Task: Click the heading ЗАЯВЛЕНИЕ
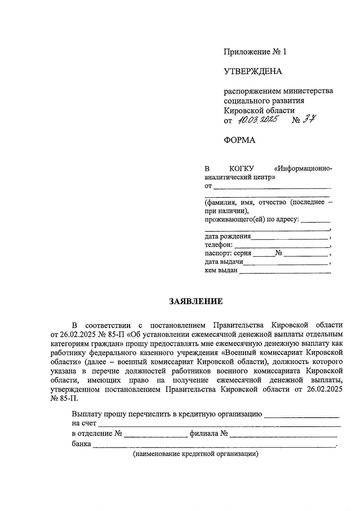(196, 301)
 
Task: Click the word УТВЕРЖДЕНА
(253, 71)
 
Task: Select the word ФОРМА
(239, 140)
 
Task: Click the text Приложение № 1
(255, 52)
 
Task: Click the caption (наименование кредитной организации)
(196, 454)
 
